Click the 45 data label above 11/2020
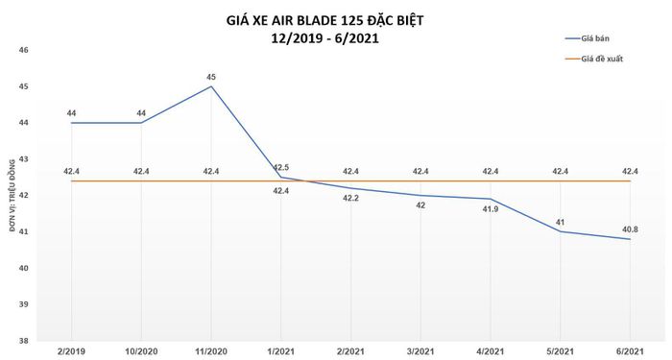(x=211, y=77)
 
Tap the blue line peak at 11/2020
(x=211, y=86)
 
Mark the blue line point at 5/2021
(x=561, y=231)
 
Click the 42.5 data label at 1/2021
(x=280, y=167)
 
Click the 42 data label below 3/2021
(x=420, y=204)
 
